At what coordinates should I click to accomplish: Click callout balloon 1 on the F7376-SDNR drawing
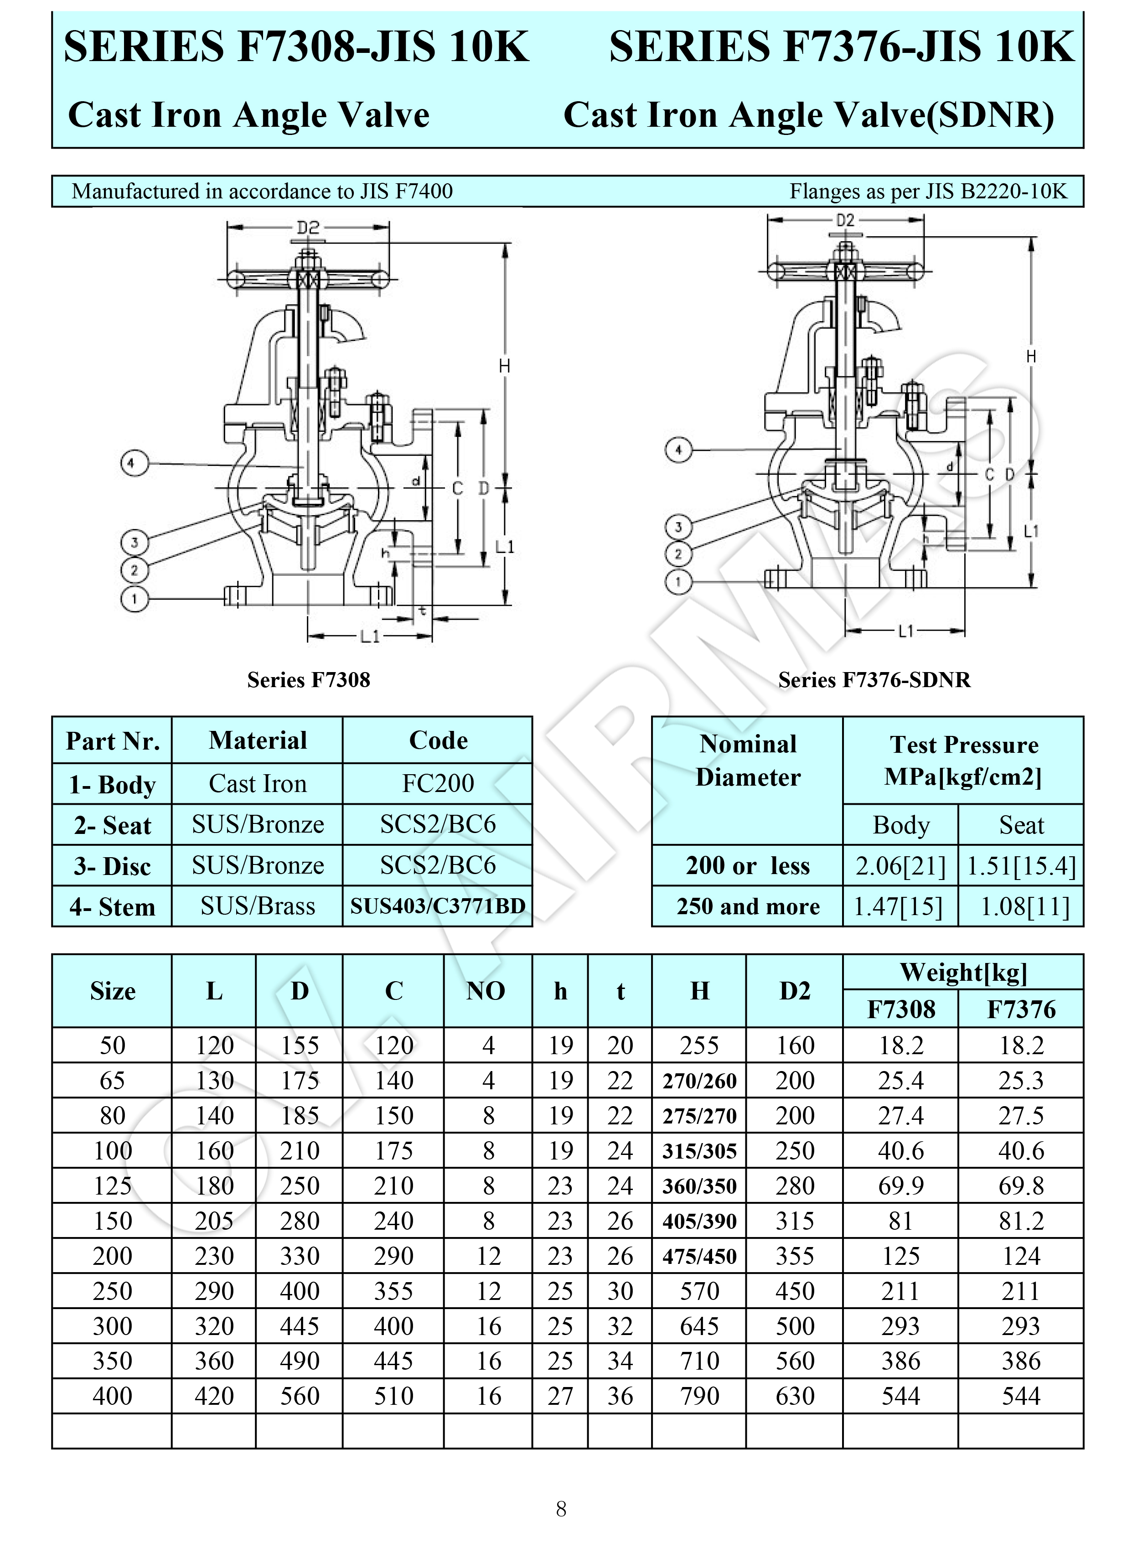click(x=678, y=582)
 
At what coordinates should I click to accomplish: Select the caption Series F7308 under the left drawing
click(x=309, y=679)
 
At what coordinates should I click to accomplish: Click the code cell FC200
click(x=438, y=783)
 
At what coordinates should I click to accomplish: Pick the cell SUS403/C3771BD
click(x=438, y=906)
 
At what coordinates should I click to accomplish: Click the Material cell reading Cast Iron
click(x=258, y=783)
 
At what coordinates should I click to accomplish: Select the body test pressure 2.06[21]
click(x=900, y=865)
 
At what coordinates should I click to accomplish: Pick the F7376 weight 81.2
click(x=1021, y=1221)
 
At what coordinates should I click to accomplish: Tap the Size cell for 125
click(x=112, y=1185)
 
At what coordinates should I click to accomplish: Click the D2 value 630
click(x=795, y=1396)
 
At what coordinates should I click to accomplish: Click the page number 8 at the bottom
click(x=561, y=1509)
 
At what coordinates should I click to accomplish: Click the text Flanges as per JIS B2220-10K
click(x=928, y=191)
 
